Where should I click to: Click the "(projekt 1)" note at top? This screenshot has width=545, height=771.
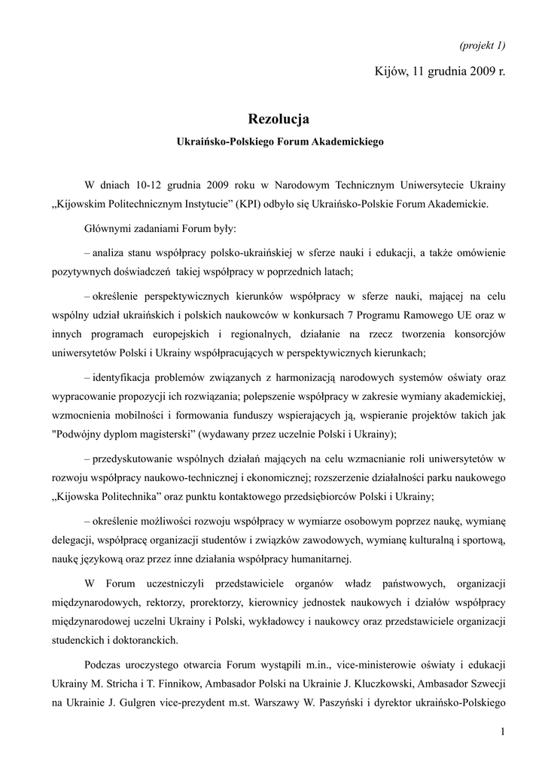click(x=482, y=45)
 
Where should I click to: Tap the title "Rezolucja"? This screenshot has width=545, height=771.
click(x=279, y=118)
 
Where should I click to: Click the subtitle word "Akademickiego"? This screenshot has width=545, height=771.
click(x=348, y=141)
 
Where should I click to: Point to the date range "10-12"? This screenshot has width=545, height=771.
click(x=149, y=184)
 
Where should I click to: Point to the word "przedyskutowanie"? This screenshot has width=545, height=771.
click(x=135, y=459)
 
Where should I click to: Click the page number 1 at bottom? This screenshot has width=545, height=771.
click(x=502, y=732)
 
